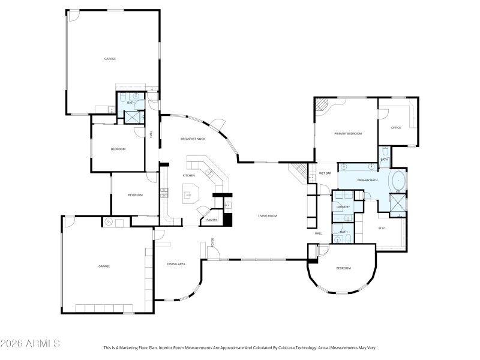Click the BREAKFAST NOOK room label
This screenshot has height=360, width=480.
[x=193, y=139]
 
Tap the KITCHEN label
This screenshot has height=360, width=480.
[x=188, y=175]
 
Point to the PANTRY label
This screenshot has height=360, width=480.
[x=211, y=220]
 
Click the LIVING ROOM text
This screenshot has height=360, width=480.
[x=267, y=215]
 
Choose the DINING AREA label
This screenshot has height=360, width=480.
[x=176, y=264]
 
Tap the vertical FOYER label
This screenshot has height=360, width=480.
[x=212, y=243]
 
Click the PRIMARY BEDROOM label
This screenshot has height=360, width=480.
[x=348, y=134]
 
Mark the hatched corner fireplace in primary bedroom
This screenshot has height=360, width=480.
[x=322, y=106]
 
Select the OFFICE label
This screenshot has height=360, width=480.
[x=396, y=128]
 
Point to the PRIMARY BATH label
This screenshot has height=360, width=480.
[x=367, y=180]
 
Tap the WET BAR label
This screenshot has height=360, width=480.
[x=325, y=173]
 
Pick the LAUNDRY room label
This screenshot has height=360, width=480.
[x=343, y=207]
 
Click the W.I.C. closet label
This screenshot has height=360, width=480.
[x=382, y=228]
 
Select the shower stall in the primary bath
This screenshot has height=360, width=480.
[x=398, y=205]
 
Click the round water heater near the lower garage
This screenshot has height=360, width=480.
[x=109, y=222]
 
